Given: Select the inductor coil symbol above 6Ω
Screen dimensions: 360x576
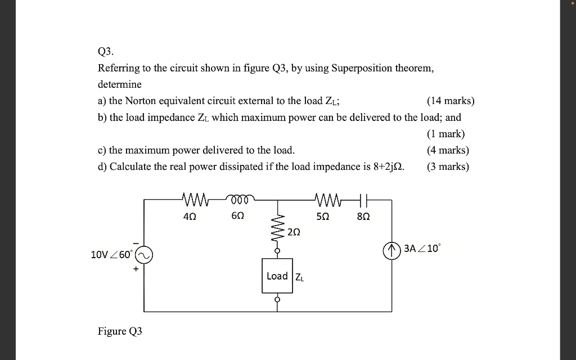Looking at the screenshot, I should [x=241, y=198].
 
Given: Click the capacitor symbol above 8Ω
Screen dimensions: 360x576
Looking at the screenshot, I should [x=363, y=199].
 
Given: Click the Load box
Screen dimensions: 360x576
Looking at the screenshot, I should [x=277, y=276].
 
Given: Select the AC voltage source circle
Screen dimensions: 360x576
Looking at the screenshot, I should [x=143, y=255].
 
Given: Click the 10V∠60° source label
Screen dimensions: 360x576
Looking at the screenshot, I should [x=112, y=255].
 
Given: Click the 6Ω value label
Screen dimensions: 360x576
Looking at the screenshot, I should [x=237, y=216].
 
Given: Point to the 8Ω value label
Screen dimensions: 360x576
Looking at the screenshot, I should [x=363, y=216].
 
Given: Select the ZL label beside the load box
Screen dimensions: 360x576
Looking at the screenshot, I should [x=300, y=277].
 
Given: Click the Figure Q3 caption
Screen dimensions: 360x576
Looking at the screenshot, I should [x=120, y=331].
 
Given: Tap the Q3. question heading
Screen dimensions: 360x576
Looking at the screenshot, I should [x=106, y=52].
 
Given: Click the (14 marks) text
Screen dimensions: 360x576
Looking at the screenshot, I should [x=450, y=101].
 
